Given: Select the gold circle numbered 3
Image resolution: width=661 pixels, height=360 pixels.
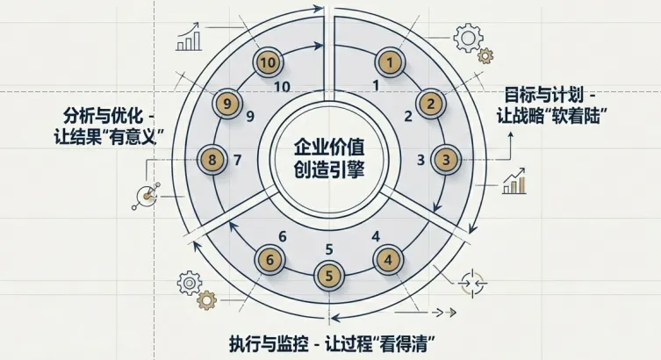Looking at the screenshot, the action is [447, 160].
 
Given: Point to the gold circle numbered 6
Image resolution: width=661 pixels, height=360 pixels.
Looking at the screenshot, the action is [270, 259].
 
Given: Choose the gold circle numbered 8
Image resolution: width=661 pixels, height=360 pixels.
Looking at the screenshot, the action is [212, 160].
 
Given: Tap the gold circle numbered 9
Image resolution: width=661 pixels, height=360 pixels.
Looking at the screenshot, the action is [228, 104].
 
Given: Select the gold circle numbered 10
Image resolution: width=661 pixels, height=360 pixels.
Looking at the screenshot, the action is [269, 62].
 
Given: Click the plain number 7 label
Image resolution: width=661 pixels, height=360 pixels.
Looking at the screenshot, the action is [238, 160].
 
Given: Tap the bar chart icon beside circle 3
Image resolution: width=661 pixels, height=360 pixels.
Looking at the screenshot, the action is [514, 182].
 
